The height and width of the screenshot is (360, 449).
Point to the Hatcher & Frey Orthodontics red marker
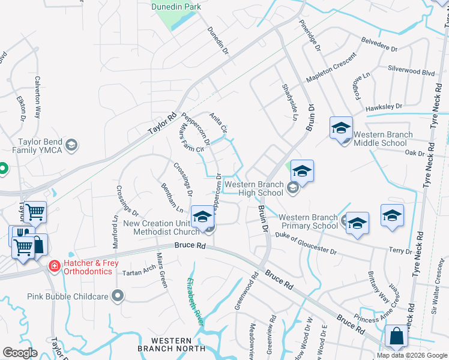54,265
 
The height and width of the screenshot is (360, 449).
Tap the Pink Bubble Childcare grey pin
118,296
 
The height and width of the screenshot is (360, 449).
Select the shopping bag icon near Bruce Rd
397,337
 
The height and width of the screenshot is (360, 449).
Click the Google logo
20,353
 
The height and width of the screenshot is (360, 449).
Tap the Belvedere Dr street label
380,43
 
